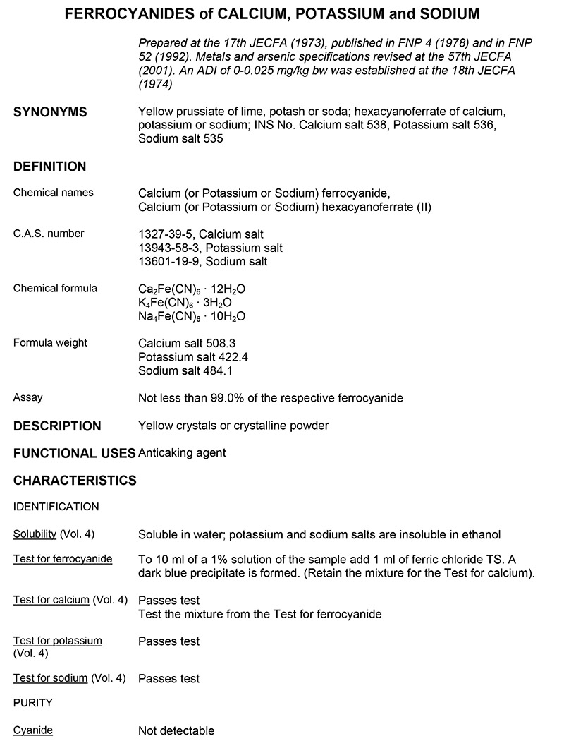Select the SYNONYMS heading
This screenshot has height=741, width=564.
51,112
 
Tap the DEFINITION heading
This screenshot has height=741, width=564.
50,167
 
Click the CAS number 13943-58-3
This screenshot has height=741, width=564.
168,248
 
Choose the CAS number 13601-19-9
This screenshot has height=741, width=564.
168,261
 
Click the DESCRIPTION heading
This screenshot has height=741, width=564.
57,426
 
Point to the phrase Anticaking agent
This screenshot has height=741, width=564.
183,453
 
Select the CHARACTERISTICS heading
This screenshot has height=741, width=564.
75,481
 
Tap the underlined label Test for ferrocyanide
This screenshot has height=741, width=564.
63,559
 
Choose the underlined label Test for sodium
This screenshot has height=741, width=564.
51,678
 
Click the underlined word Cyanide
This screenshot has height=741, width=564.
33,730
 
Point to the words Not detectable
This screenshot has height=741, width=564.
176,730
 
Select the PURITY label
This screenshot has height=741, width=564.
33,703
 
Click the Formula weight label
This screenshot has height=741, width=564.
51,343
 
